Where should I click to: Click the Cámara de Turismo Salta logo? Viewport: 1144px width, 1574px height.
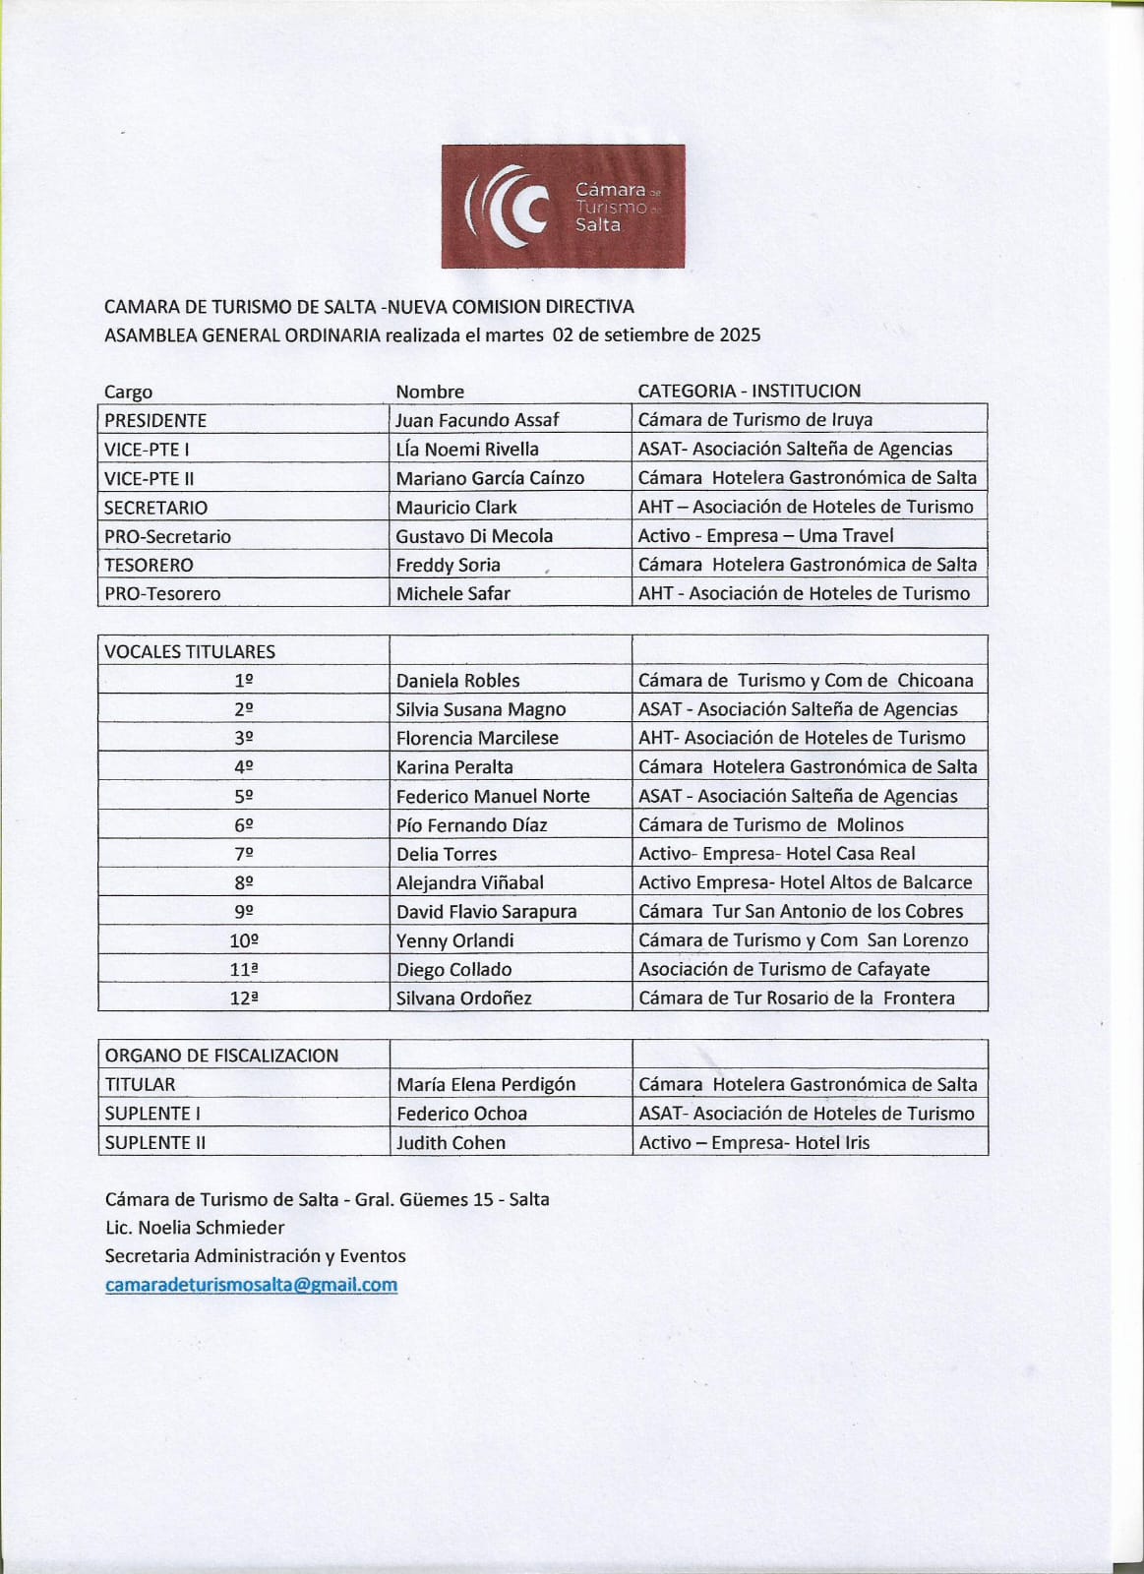tap(563, 207)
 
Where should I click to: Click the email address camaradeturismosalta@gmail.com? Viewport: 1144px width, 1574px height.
tap(251, 1285)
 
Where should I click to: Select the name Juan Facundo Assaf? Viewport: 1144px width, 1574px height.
tap(477, 420)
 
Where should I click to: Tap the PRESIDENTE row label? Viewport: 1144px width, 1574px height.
tap(155, 420)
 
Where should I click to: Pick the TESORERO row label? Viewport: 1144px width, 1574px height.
tap(149, 565)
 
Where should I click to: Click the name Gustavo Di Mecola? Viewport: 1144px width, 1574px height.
tap(474, 536)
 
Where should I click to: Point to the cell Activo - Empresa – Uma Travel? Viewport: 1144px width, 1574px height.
tap(765, 536)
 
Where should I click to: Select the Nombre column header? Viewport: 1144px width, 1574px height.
tap(430, 392)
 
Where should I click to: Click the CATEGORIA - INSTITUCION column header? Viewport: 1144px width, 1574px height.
tap(749, 391)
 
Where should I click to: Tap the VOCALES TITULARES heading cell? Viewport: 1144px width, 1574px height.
tap(190, 651)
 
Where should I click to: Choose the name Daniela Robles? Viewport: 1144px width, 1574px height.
tap(457, 681)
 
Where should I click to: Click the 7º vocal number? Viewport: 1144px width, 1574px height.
tap(244, 854)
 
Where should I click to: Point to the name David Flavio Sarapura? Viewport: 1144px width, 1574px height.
tap(486, 912)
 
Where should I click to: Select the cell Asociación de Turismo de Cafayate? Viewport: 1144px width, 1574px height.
tap(784, 969)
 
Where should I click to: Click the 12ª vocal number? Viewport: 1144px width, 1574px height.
tap(244, 998)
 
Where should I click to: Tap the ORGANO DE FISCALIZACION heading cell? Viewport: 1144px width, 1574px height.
tap(221, 1056)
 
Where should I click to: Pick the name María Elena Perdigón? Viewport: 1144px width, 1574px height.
tap(486, 1084)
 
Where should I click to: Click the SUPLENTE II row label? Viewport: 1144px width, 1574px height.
tap(153, 1142)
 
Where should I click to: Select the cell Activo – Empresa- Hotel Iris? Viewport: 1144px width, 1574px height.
tap(753, 1142)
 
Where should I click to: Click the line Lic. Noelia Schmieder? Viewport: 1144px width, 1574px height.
tap(195, 1228)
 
